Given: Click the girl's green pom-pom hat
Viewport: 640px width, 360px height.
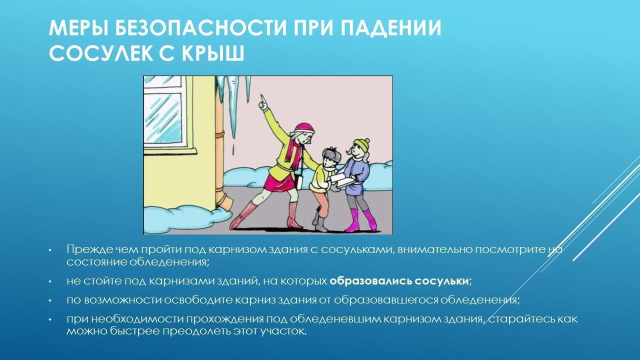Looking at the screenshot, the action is (361, 144).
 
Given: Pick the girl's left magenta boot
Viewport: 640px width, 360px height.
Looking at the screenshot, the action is (352, 220).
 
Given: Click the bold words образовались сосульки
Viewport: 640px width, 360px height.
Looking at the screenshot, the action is (399, 281).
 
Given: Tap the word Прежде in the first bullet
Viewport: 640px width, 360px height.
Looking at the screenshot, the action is (89, 249).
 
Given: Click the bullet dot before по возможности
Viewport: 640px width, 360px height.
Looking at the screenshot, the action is (50, 301).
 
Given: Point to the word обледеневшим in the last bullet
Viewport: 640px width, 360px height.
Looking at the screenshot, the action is (335, 319).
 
